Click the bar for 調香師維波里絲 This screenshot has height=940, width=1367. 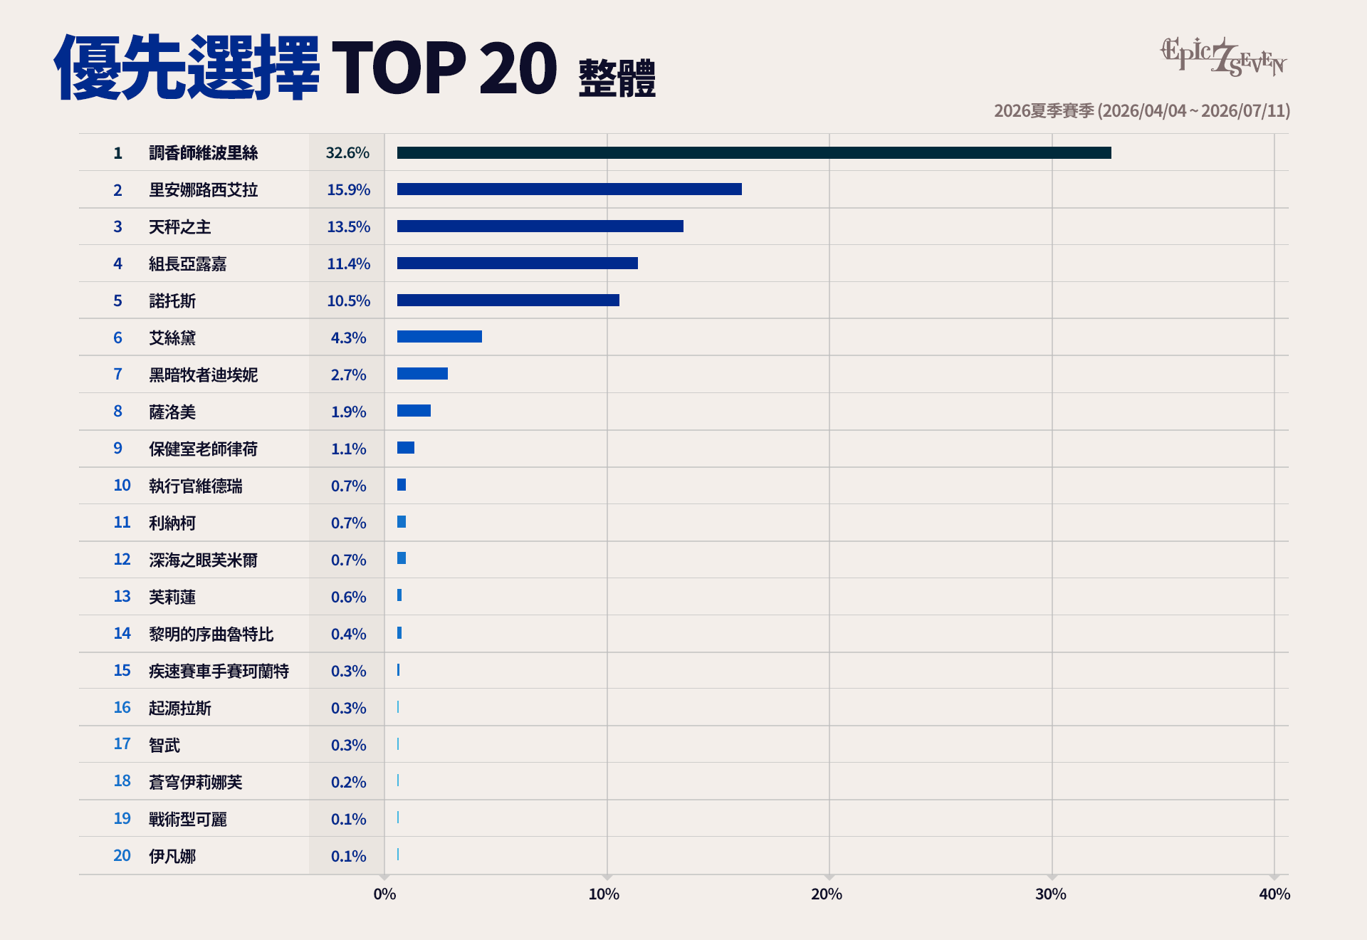click(x=754, y=153)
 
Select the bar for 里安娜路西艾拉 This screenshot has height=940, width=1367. click(x=570, y=189)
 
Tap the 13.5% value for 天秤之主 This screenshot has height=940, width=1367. click(x=349, y=227)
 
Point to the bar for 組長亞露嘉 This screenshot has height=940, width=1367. click(x=518, y=263)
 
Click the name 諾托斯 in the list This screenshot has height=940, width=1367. click(x=172, y=301)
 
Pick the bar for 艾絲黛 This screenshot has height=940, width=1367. click(x=439, y=337)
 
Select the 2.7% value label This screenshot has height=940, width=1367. click(x=349, y=375)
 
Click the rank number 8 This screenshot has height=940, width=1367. click(x=118, y=412)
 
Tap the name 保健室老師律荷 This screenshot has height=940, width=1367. click(x=203, y=449)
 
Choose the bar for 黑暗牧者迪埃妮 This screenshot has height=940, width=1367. click(x=422, y=374)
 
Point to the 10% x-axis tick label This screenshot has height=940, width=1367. click(x=604, y=894)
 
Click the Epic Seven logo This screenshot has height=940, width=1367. click(x=1224, y=57)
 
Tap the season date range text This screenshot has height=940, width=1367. click(x=1142, y=111)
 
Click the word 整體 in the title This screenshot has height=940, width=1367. click(x=617, y=78)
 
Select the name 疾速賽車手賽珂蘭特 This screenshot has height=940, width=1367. click(x=219, y=672)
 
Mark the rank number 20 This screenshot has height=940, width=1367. click(x=122, y=856)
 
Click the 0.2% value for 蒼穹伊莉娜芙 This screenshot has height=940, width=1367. click(x=349, y=783)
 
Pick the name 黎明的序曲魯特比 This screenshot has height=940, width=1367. click(x=211, y=634)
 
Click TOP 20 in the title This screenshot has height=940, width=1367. click(x=444, y=68)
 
